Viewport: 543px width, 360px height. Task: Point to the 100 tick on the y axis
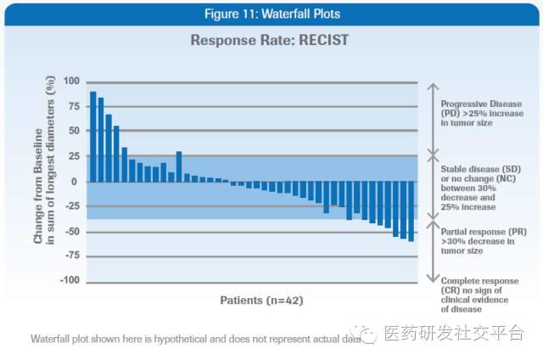tap(70, 82)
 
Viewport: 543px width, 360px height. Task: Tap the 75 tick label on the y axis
tap(73, 107)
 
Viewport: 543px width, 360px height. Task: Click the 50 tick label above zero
tap(73, 132)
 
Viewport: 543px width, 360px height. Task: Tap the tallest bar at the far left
tap(93, 137)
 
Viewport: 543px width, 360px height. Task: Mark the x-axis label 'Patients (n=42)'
tap(261, 301)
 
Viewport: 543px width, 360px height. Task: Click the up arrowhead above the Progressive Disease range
tap(432, 86)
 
